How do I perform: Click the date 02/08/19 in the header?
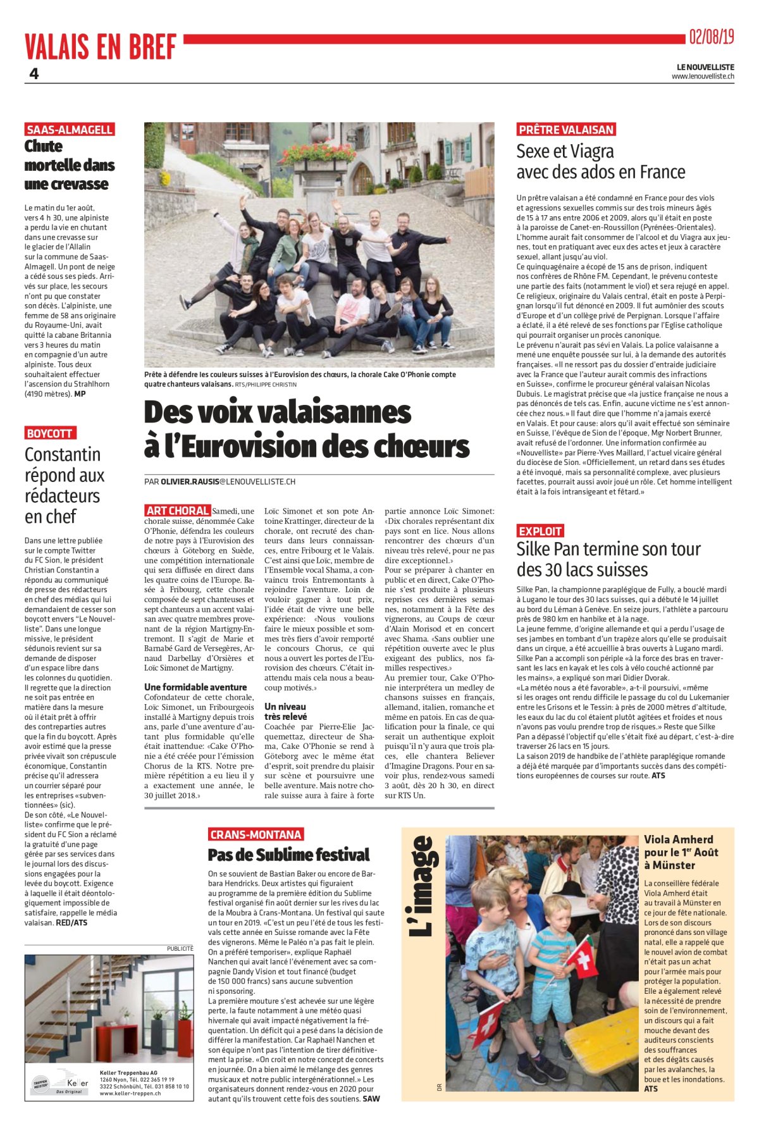(x=711, y=37)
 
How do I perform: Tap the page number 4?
(x=34, y=73)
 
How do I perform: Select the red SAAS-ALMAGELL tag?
(x=70, y=130)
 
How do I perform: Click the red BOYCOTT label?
(x=50, y=433)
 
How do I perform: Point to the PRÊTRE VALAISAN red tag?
(x=566, y=130)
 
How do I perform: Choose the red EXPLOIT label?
(x=540, y=531)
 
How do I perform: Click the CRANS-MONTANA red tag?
(x=256, y=834)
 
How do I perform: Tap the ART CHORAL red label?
(x=177, y=510)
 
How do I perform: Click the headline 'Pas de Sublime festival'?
(x=288, y=855)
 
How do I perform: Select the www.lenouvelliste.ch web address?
(x=703, y=77)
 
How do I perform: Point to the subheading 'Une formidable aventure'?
(x=195, y=687)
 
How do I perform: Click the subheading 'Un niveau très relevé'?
(x=285, y=712)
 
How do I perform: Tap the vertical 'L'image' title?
(x=422, y=886)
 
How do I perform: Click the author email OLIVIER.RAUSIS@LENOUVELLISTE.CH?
(x=228, y=482)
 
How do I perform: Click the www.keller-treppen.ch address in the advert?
(x=130, y=1093)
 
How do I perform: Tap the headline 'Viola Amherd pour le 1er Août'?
(x=678, y=852)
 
